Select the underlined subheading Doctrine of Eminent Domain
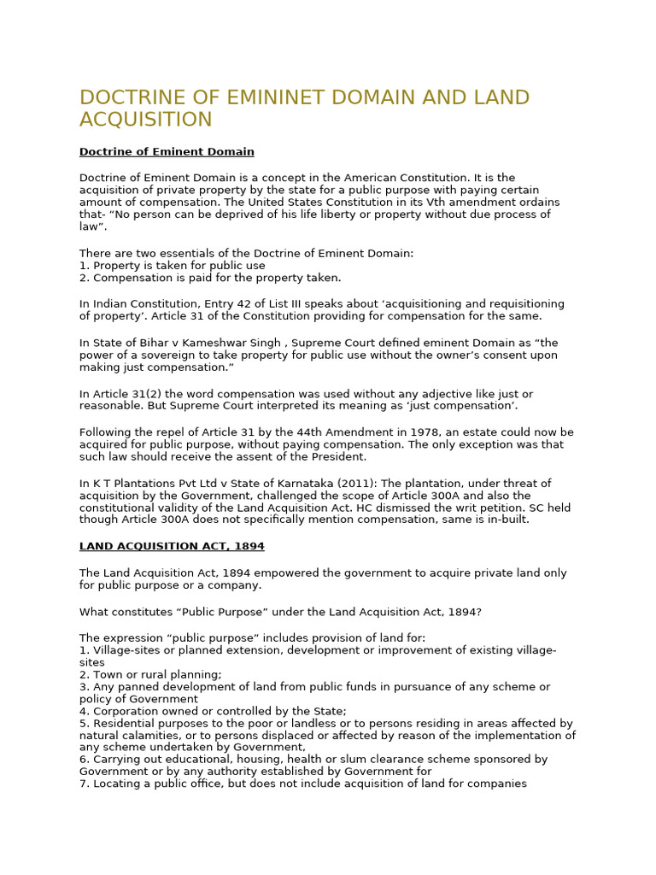pos(167,152)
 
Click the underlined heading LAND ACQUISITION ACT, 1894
pos(172,546)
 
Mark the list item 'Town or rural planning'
pos(156,675)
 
